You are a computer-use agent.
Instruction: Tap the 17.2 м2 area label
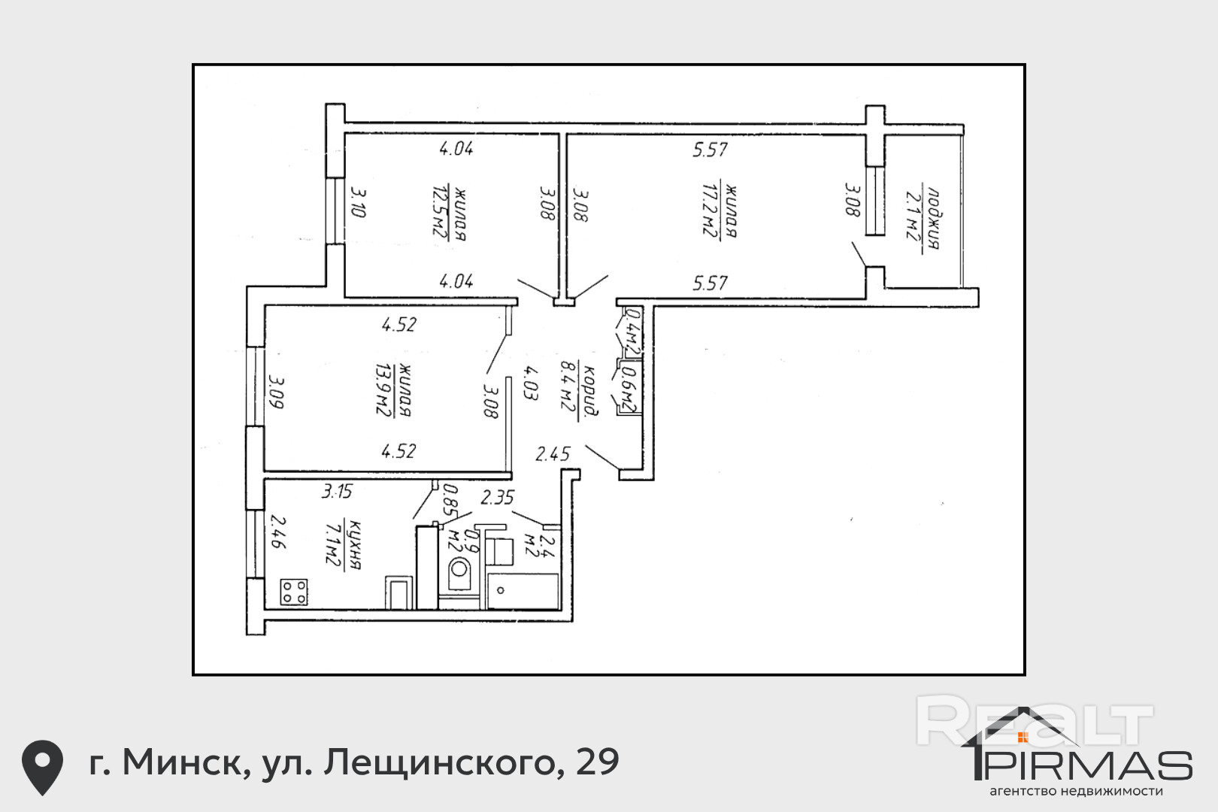pyautogui.click(x=709, y=210)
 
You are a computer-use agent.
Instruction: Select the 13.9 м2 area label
pyautogui.click(x=384, y=389)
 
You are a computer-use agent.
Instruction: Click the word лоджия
pyautogui.click(x=933, y=219)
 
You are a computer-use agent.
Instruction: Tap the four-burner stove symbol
pyautogui.click(x=294, y=592)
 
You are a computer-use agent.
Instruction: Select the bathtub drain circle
pyautogui.click(x=500, y=590)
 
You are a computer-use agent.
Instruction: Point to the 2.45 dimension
pyautogui.click(x=553, y=453)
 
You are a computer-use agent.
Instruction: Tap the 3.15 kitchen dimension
pyautogui.click(x=337, y=492)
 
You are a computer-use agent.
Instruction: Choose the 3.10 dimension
pyautogui.click(x=358, y=202)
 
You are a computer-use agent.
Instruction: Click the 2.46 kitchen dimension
pyautogui.click(x=278, y=532)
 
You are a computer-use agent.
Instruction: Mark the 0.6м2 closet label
pyautogui.click(x=629, y=389)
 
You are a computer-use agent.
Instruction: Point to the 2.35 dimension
pyautogui.click(x=497, y=497)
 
